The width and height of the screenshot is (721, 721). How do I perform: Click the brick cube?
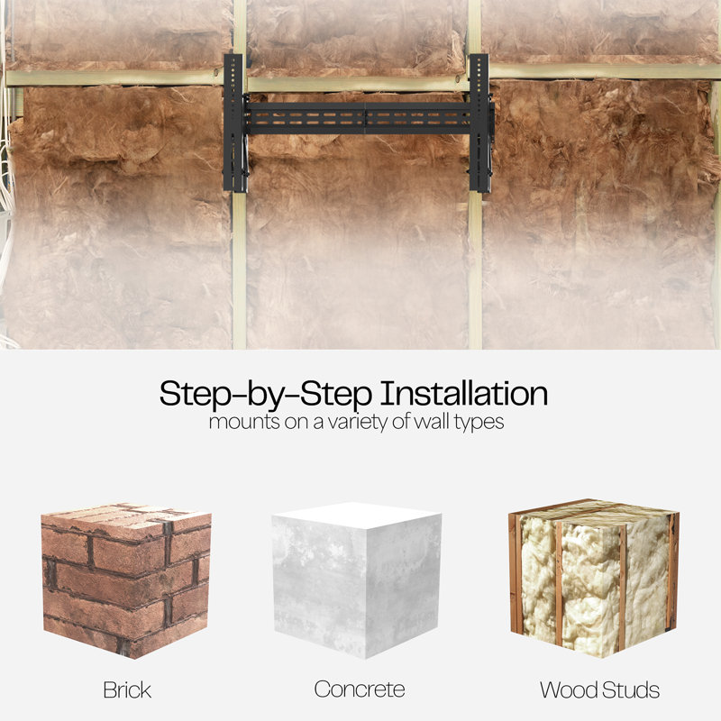click(126, 580)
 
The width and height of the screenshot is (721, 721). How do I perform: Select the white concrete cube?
click(357, 580)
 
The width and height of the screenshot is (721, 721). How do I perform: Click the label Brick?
click(127, 689)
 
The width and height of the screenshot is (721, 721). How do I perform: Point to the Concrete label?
click(360, 689)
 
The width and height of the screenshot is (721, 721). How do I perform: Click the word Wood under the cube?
click(569, 689)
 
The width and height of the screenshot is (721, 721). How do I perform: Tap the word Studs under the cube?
click(631, 689)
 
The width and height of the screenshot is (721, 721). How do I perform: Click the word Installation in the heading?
click(464, 394)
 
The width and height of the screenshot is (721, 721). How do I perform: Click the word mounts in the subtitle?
click(244, 422)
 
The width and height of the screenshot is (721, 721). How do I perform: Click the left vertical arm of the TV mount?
click(234, 123)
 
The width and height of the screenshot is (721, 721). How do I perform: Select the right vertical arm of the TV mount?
click(480, 123)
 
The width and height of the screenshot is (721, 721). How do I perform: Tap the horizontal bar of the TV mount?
click(360, 118)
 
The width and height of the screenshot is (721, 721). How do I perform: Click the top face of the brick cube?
click(126, 521)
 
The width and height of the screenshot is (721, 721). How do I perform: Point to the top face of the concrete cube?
click(357, 515)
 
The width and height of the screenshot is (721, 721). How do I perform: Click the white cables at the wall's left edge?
click(5, 184)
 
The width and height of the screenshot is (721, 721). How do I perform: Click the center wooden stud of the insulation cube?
click(559, 584)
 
